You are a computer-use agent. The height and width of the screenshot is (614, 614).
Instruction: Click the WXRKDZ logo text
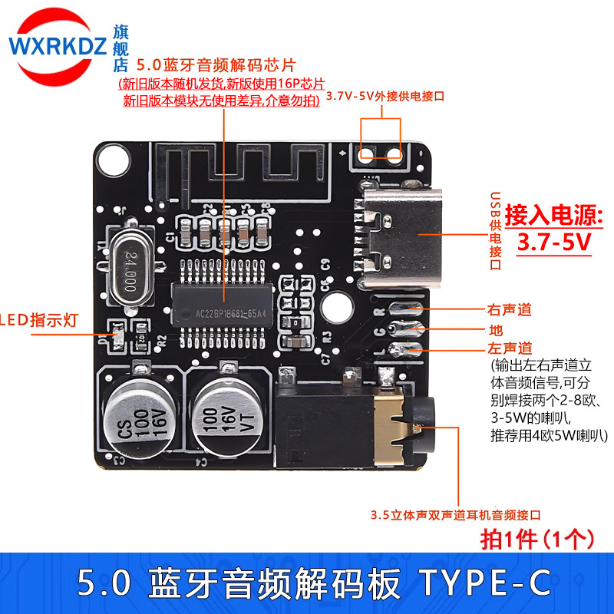coord(58,46)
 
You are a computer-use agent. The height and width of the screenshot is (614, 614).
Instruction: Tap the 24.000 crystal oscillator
coord(131,271)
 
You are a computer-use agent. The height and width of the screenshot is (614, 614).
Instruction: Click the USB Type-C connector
coord(398,239)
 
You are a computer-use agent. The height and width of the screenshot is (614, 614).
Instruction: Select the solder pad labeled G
coord(405,329)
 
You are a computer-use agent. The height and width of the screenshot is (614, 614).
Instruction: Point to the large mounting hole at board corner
coord(114,160)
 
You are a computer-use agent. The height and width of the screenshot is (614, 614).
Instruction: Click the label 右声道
coord(510,310)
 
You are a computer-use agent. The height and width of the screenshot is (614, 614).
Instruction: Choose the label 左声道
coord(510,348)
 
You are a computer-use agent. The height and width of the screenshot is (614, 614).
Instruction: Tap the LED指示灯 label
coord(39,320)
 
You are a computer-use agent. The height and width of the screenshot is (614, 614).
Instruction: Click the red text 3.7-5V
coord(553,242)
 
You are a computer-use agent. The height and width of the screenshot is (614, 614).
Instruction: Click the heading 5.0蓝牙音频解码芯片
coord(216,65)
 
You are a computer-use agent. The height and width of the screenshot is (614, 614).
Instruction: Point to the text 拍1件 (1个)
coord(536,540)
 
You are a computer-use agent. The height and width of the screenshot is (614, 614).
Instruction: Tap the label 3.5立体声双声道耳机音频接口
coord(456,515)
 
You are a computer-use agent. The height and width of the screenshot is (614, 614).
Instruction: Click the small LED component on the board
coord(117,336)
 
